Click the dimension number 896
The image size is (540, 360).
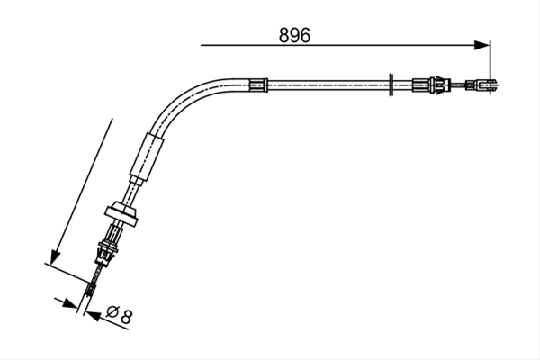click(294, 35)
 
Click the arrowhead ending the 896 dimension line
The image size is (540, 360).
click(481, 45)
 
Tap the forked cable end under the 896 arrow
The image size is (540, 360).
click(481, 85)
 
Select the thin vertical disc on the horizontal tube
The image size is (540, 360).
click(391, 85)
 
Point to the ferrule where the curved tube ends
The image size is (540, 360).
click(258, 85)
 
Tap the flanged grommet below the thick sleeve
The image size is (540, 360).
click(122, 214)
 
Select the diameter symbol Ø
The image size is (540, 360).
click(112, 311)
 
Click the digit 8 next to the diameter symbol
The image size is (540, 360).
click(126, 317)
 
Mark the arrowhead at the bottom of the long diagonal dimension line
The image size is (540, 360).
click(55, 257)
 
